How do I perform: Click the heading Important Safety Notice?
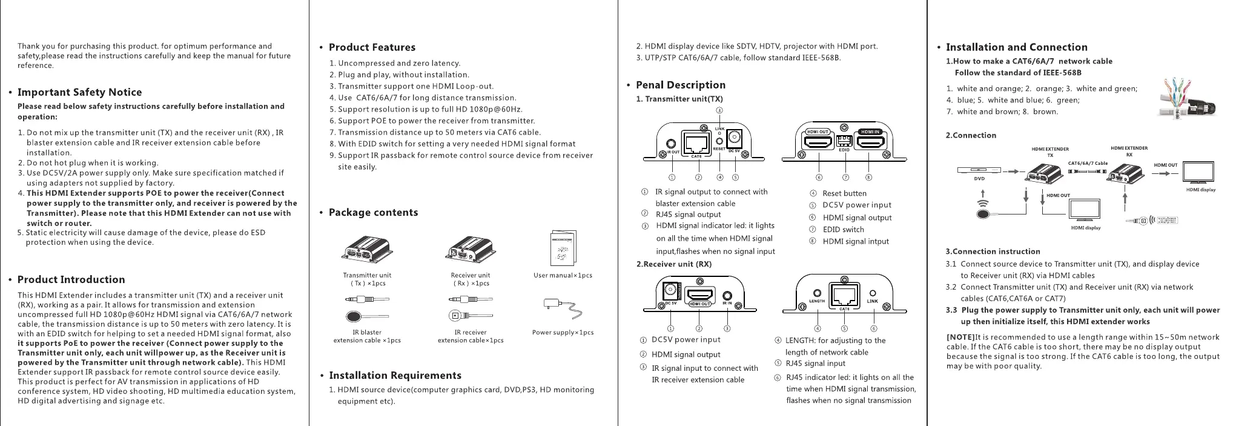(79, 92)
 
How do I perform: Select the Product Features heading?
(372, 47)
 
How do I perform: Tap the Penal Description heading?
(680, 85)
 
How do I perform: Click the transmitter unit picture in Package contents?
(367, 250)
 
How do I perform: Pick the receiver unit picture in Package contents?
(471, 251)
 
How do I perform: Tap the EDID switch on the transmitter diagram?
(844, 141)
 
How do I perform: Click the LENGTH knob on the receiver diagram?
(817, 293)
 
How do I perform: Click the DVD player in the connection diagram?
(979, 170)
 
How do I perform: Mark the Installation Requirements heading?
(395, 375)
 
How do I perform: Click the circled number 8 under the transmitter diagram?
(868, 178)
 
